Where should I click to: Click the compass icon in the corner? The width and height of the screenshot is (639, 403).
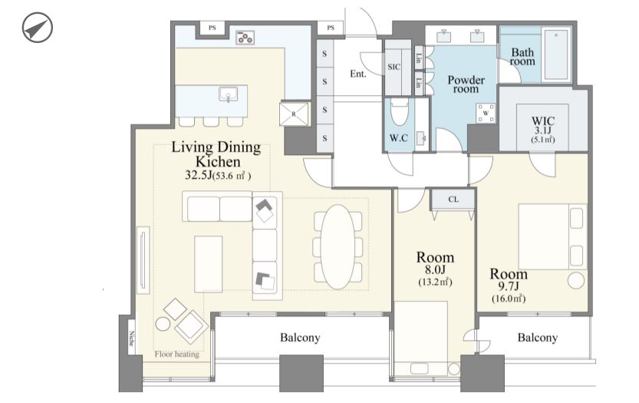[x=37, y=28]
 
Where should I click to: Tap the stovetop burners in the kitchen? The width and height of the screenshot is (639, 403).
[x=245, y=37]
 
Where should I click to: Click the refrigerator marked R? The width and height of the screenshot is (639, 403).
[x=294, y=114]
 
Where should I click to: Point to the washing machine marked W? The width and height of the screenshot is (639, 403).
[x=486, y=113]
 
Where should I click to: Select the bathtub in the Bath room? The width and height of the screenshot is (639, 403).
[x=555, y=54]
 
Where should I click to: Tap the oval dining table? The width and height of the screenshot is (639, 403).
[x=338, y=246]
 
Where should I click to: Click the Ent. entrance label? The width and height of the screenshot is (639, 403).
[x=357, y=74]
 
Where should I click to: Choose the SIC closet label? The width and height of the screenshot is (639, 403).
[x=394, y=67]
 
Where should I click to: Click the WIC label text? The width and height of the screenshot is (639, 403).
[x=543, y=121]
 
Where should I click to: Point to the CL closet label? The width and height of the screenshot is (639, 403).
[x=453, y=200]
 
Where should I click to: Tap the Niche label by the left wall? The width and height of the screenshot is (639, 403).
[x=131, y=338]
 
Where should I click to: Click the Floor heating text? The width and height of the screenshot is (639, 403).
[x=177, y=354]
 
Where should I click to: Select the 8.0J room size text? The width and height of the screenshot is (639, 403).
[x=435, y=269]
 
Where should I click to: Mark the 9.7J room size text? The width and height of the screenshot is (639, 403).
[x=508, y=286]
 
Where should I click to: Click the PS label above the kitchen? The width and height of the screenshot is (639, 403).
[x=212, y=28]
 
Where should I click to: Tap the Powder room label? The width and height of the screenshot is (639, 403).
[x=466, y=84]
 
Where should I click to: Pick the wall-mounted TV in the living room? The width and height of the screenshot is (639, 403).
[x=143, y=260]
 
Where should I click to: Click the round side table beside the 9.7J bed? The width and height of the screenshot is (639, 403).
[x=576, y=281]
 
